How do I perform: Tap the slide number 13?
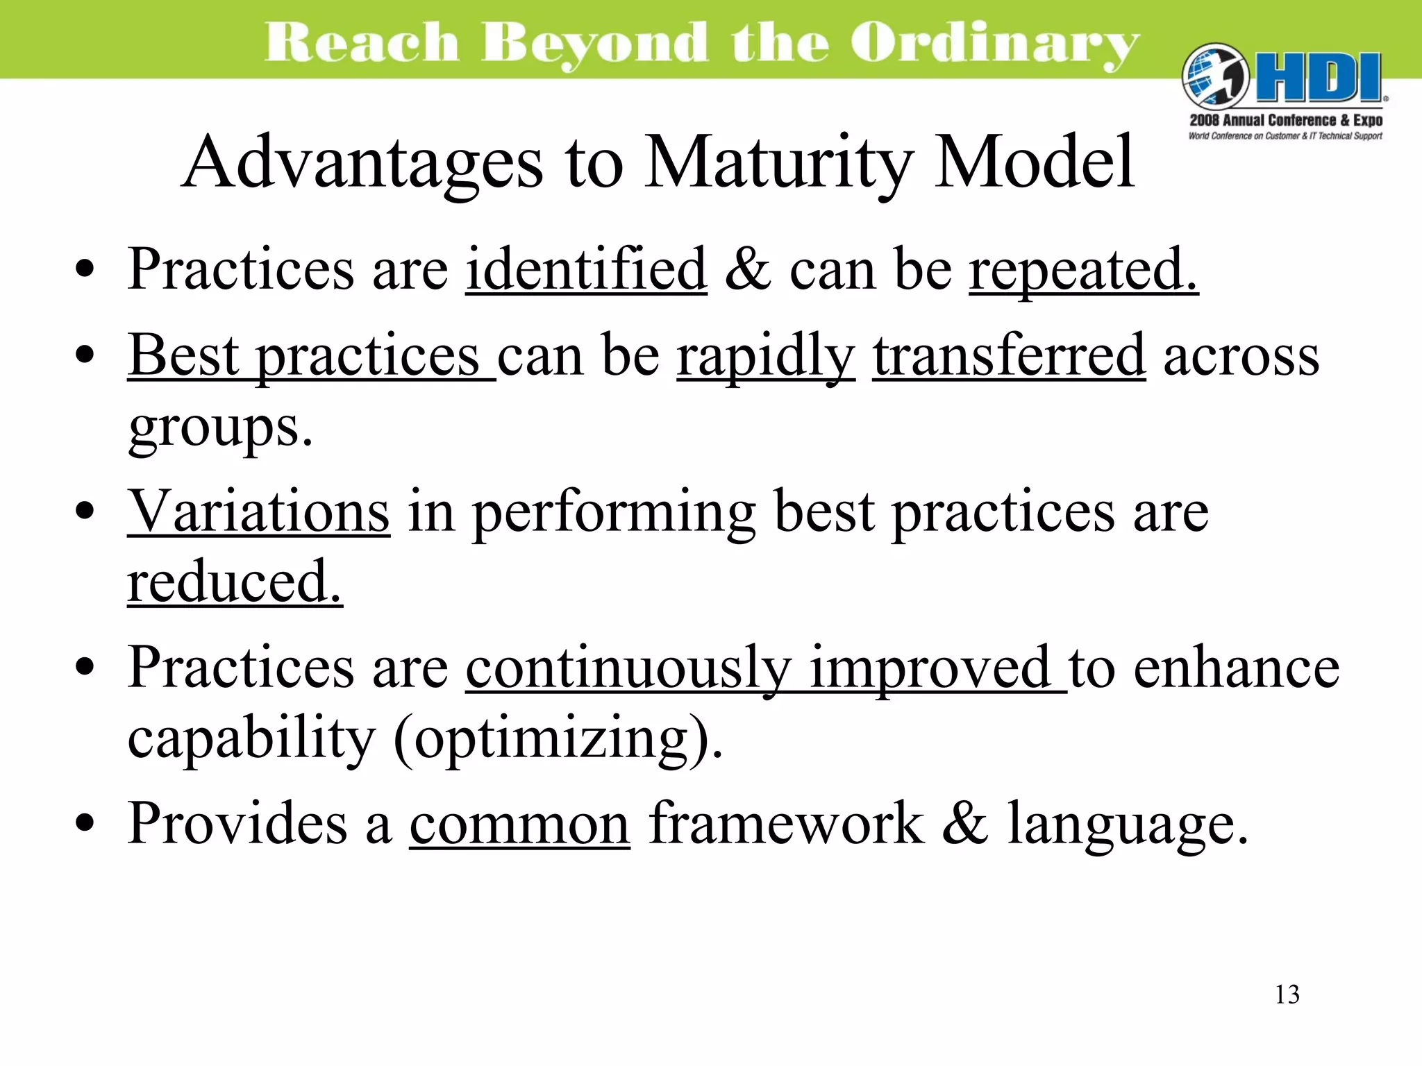click(1287, 995)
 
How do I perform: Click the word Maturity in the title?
click(778, 164)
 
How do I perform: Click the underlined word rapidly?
click(766, 357)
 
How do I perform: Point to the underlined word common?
click(519, 824)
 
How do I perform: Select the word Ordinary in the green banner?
click(994, 43)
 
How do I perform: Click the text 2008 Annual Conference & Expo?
click(1286, 120)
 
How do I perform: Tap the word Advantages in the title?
click(362, 164)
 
